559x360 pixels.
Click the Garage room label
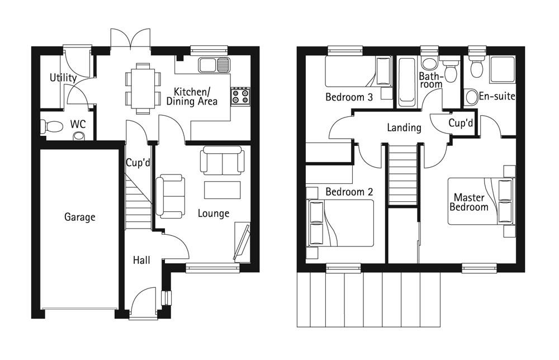coord(79,217)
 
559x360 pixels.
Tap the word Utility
coord(63,78)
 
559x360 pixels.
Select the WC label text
coord(78,124)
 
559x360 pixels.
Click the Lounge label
coord(213,214)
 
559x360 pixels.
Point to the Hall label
coord(141,260)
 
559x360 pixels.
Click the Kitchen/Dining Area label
coord(192,96)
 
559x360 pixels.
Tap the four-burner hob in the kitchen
coord(240,96)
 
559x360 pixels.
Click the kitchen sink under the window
coord(214,64)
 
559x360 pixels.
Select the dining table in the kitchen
coord(143,88)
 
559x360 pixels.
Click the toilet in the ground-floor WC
coord(51,126)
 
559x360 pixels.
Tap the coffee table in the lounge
coord(222,190)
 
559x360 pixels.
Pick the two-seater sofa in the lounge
coord(222,160)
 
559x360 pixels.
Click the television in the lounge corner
coord(241,242)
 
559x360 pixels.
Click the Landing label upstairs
coord(404,127)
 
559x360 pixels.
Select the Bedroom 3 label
coord(349,97)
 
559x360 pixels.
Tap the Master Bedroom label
coord(469,202)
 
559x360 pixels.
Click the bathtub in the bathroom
coord(406,82)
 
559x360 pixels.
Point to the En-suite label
coord(496,96)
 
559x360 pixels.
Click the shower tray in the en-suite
coord(503,69)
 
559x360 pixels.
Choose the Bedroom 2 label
coord(349,192)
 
